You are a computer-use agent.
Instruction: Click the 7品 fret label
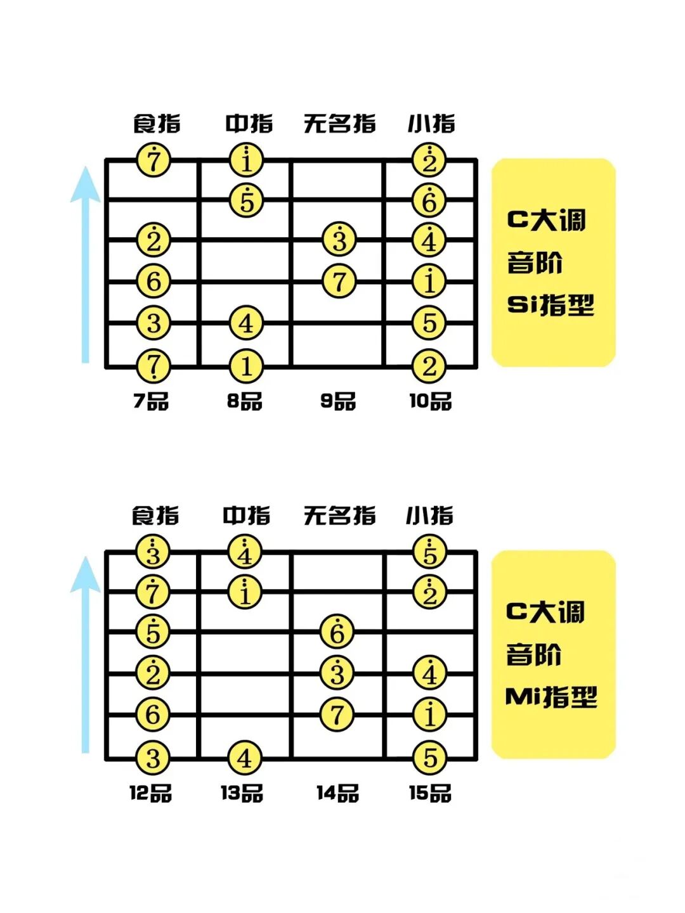151,401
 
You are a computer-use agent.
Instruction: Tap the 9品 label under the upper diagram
338,401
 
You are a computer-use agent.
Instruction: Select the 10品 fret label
430,401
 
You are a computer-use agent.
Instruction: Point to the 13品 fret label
242,793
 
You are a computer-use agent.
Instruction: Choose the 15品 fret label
430,793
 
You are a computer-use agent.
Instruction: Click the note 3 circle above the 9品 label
339,240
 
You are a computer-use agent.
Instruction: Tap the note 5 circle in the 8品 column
246,200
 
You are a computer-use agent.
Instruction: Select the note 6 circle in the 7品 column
153,281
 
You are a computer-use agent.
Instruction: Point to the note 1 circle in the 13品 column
245,592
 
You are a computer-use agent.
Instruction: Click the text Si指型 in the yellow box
551,305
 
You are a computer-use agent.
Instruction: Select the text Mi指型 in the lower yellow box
551,697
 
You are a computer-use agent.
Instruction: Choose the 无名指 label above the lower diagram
339,515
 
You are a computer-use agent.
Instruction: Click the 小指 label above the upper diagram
431,123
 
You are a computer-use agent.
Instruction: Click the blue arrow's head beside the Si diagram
85,184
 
